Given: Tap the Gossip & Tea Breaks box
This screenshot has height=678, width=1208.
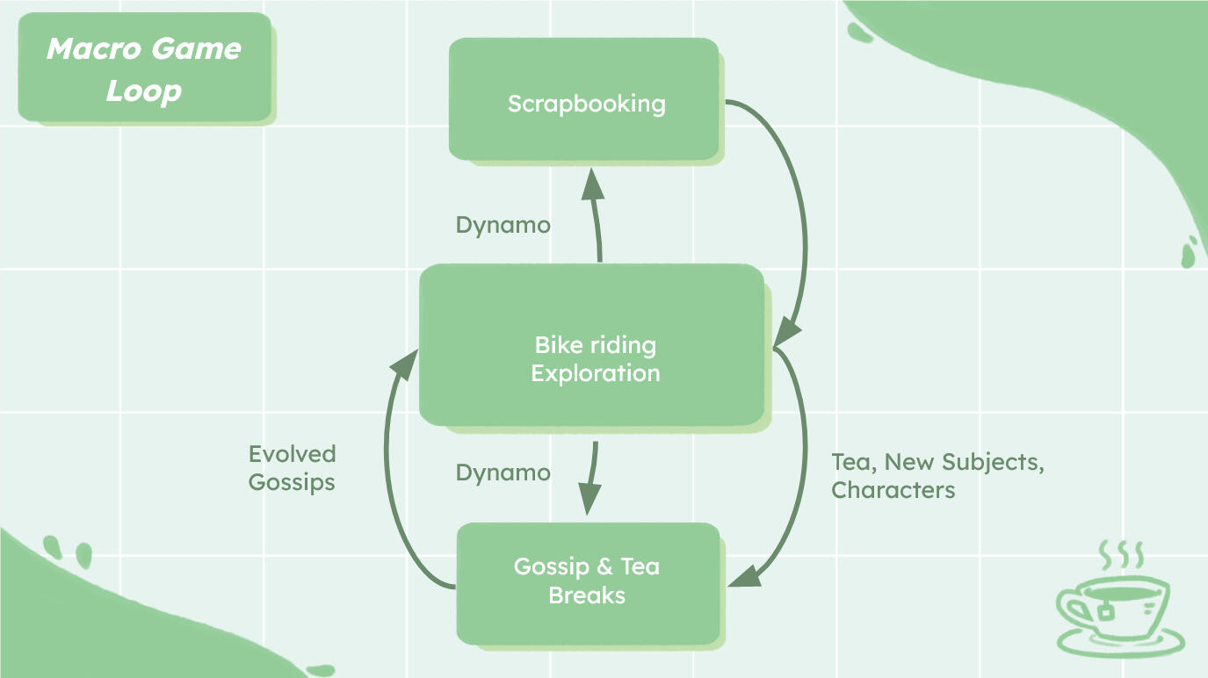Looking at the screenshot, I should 588,581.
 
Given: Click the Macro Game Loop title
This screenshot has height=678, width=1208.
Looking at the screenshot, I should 143,69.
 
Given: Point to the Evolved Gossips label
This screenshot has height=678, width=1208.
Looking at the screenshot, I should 292,468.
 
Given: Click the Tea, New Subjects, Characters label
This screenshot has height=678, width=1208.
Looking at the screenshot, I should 937,475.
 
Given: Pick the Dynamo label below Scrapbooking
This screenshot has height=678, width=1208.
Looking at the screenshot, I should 503,225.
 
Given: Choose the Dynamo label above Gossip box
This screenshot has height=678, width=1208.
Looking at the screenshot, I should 503,472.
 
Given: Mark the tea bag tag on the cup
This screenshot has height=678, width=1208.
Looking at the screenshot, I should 1104,611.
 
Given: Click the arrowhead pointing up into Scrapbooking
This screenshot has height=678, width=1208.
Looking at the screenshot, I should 594,185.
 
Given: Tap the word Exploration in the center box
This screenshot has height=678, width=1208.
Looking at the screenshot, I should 596,373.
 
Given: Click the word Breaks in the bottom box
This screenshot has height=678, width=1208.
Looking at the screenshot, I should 587,595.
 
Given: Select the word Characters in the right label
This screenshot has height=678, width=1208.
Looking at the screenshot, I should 893,490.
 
